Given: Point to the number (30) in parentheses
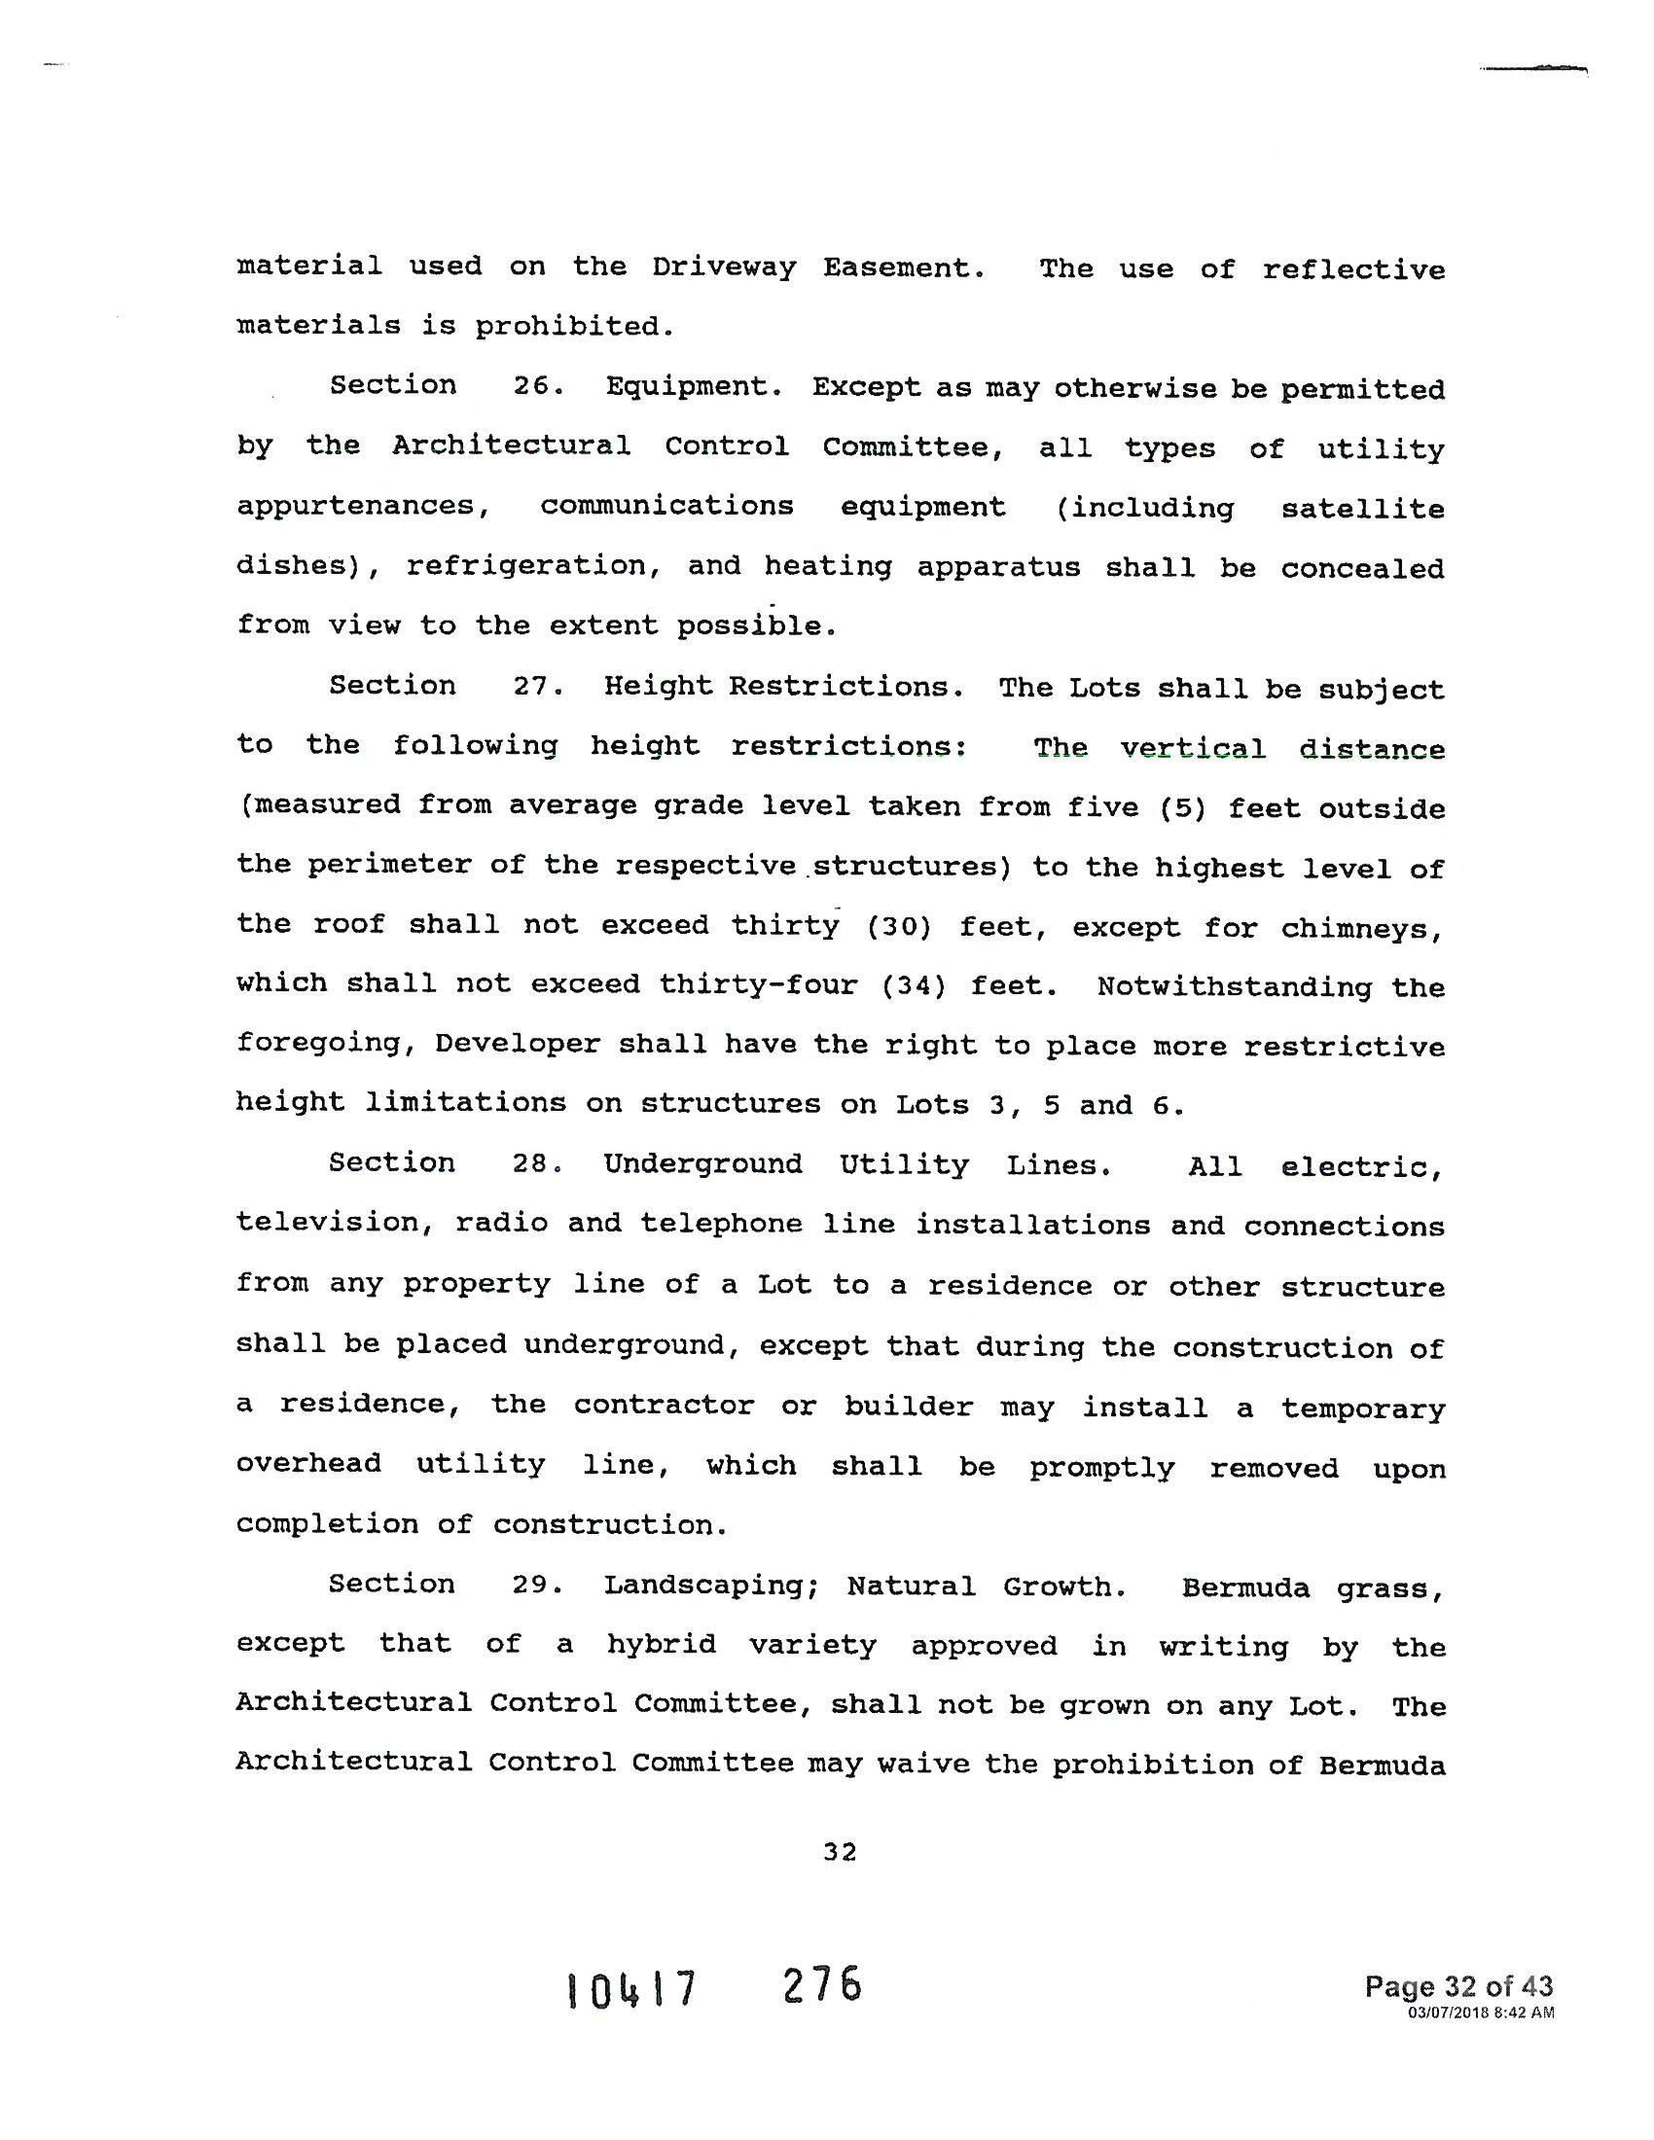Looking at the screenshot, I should (x=899, y=927).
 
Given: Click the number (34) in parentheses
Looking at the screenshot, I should (x=914, y=985).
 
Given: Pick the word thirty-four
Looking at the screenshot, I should (x=759, y=984).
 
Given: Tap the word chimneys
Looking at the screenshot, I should (x=1361, y=928).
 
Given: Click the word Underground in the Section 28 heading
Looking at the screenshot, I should (x=702, y=1164).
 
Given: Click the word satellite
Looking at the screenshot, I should (x=1362, y=509).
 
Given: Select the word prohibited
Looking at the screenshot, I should (x=575, y=326).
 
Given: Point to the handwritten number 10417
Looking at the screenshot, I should (x=632, y=1988).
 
